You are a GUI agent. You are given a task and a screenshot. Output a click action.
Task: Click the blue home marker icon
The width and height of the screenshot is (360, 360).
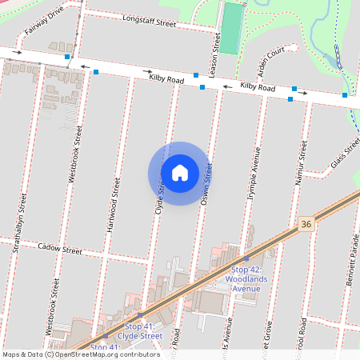(x=180, y=173)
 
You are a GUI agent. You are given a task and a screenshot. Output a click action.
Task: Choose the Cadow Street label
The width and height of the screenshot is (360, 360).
(x=60, y=250)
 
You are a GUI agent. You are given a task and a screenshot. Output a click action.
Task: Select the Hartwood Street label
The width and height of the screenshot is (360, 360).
(x=114, y=205)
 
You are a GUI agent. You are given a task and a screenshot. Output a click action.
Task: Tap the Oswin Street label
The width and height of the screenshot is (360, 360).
(x=206, y=186)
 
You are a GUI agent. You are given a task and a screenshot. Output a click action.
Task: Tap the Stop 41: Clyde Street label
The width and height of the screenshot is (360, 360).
(x=144, y=331)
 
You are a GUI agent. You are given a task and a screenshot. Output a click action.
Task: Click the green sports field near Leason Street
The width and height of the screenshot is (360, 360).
(x=231, y=28)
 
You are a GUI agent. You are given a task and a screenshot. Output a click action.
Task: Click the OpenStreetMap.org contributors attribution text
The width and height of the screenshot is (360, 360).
(x=108, y=354)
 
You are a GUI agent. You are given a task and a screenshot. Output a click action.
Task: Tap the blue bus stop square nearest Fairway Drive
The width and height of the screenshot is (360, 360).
(x=68, y=58)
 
